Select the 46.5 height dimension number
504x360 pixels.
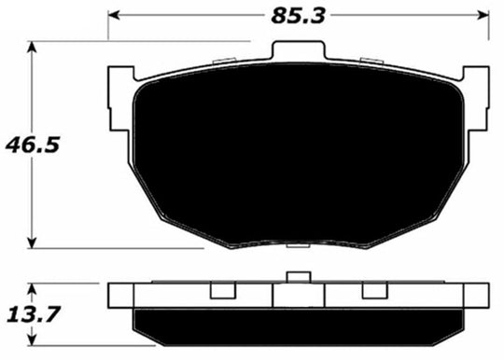(27, 144)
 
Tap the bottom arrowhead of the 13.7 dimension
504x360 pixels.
(35, 339)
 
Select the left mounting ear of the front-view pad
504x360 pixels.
(120, 98)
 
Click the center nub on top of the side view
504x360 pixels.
(298, 276)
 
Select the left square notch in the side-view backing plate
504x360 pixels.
(222, 291)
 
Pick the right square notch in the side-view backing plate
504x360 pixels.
(372, 291)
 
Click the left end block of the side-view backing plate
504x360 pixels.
(121, 294)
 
